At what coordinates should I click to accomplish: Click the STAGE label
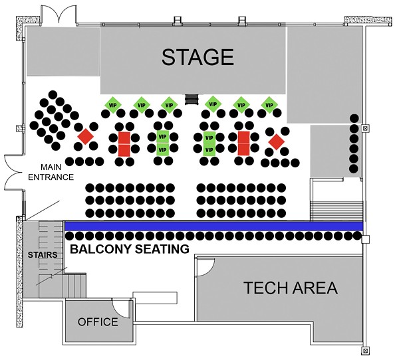pyautogui.click(x=198, y=57)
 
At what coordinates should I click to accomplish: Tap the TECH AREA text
pyautogui.click(x=291, y=288)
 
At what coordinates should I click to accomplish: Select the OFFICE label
pyautogui.click(x=98, y=322)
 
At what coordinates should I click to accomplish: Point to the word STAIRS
pyautogui.click(x=43, y=255)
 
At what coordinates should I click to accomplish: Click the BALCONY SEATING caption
pyautogui.click(x=130, y=249)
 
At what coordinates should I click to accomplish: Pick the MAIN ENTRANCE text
pyautogui.click(x=51, y=172)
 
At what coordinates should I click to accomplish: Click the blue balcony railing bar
pyautogui.click(x=213, y=226)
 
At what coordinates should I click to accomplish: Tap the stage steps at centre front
pyautogui.click(x=192, y=99)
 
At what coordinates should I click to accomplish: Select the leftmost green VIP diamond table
pyautogui.click(x=113, y=105)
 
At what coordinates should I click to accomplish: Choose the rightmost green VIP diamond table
pyautogui.click(x=269, y=105)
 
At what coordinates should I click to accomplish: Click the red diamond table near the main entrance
pyautogui.click(x=86, y=137)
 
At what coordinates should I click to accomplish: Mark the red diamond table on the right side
pyautogui.click(x=277, y=142)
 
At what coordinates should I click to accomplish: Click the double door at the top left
pyautogui.click(x=59, y=15)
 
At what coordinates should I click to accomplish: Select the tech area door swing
pyautogui.click(x=205, y=267)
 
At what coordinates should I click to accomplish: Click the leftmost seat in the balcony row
pyautogui.click(x=70, y=236)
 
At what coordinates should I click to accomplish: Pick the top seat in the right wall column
pyautogui.click(x=354, y=119)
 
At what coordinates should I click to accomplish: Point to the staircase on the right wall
pyautogui.click(x=336, y=211)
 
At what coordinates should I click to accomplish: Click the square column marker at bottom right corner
pyautogui.click(x=365, y=351)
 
